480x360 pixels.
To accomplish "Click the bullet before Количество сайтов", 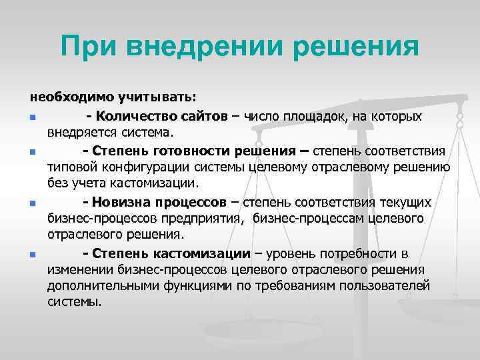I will [x=32, y=118].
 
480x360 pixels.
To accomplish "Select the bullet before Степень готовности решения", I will [x=32, y=153].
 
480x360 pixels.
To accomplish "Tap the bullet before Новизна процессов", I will [x=32, y=203].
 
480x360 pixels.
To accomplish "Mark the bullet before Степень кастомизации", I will [x=32, y=255].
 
